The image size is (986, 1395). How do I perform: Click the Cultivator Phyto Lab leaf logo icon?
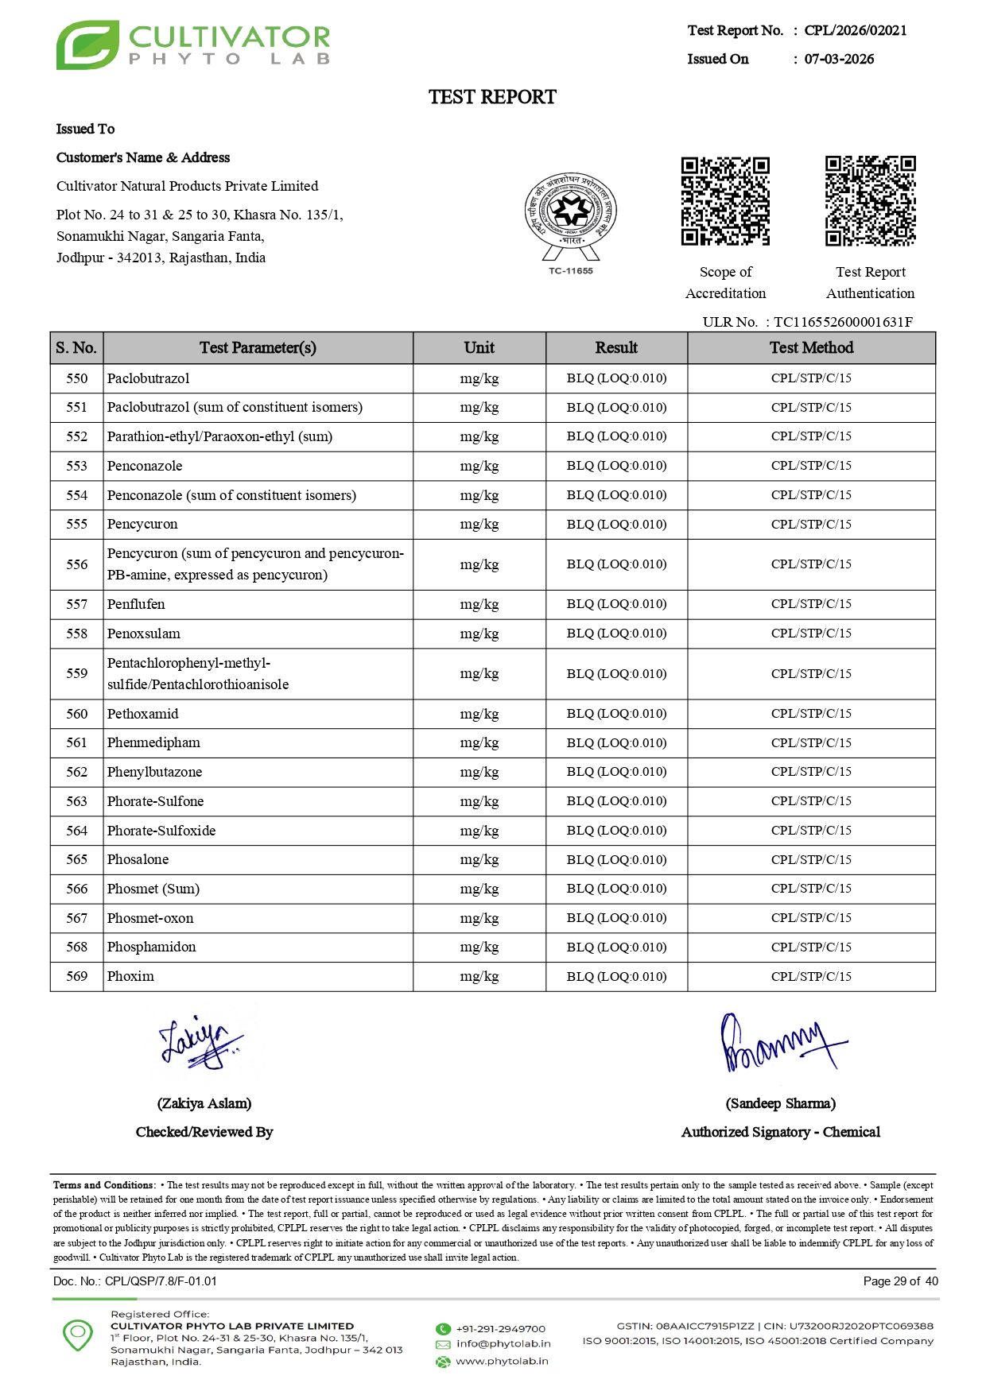click(87, 45)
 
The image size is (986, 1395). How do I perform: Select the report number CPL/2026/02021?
click(856, 30)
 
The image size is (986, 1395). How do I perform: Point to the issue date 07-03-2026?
click(839, 59)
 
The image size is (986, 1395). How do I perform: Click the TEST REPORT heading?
click(492, 97)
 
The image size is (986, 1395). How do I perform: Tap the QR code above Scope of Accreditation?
click(725, 201)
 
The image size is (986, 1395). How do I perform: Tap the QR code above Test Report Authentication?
click(870, 201)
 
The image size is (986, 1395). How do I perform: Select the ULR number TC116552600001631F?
click(843, 322)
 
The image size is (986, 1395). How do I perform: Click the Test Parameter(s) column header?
click(258, 347)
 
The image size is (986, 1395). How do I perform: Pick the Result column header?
click(616, 347)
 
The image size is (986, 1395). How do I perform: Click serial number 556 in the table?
click(77, 564)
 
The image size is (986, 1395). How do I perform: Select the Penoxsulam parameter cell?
click(144, 634)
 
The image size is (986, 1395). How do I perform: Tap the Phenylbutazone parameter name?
click(155, 772)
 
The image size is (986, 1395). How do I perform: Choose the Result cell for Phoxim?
click(616, 976)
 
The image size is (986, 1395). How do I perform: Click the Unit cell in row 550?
click(479, 378)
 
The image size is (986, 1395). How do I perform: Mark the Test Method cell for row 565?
click(811, 859)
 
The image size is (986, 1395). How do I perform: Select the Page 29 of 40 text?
click(900, 1281)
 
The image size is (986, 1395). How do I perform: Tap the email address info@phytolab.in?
click(503, 1343)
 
